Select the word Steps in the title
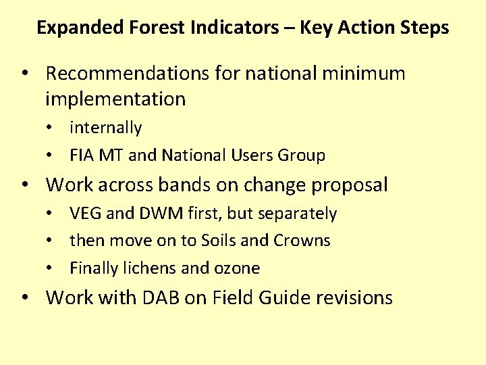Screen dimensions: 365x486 (x=424, y=28)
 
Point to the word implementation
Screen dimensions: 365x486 (x=115, y=99)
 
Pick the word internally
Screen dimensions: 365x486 (x=106, y=128)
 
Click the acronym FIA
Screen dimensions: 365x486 (x=82, y=155)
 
